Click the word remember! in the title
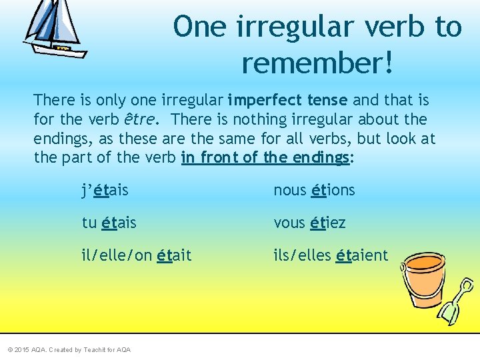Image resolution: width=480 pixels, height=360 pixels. [318, 63]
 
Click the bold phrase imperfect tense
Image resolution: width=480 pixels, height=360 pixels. [287, 101]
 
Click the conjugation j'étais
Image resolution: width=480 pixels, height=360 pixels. [105, 191]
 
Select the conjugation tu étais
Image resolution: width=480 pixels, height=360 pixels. [109, 223]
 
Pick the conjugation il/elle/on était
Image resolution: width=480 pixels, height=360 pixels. [137, 255]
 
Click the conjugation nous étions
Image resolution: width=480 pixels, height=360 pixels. [314, 191]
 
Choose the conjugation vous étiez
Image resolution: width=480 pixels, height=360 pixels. [309, 223]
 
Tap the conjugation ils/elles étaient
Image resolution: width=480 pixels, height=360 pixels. [331, 255]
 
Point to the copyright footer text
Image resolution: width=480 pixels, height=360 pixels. [69, 350]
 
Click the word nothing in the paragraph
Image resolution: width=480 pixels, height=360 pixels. [264, 120]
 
